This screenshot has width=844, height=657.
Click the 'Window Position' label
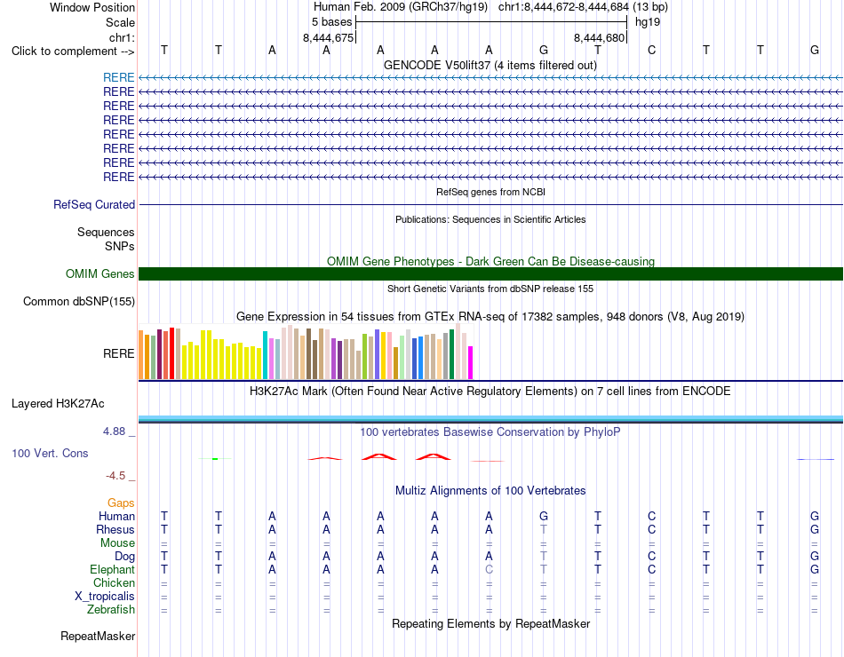click(x=92, y=7)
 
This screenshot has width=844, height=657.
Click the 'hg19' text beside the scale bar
click(x=648, y=22)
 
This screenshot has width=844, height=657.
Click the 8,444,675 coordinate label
click(x=329, y=37)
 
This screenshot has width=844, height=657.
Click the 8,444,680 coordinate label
click(x=599, y=37)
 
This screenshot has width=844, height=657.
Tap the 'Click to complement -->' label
click(x=73, y=51)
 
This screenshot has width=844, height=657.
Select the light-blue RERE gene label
click(x=118, y=77)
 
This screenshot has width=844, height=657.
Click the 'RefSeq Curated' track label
click(x=94, y=204)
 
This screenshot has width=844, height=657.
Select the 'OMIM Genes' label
click(x=100, y=273)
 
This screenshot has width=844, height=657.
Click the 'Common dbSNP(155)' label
click(x=79, y=301)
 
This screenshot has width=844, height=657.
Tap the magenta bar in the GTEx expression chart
click(x=471, y=362)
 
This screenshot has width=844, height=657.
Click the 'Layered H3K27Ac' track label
click(x=58, y=404)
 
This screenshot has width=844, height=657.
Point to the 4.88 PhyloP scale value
click(x=114, y=431)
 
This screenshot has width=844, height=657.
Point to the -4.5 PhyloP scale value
click(x=115, y=476)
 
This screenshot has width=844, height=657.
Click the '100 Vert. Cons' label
click(x=50, y=453)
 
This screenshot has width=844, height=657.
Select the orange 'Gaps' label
click(x=121, y=503)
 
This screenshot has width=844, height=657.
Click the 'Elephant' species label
click(x=113, y=569)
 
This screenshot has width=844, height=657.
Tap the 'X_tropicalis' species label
click(x=105, y=597)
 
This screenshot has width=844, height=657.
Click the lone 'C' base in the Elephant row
click(x=489, y=569)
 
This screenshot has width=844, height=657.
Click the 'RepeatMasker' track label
click(x=98, y=636)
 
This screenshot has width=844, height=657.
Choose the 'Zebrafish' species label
click(x=111, y=610)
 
